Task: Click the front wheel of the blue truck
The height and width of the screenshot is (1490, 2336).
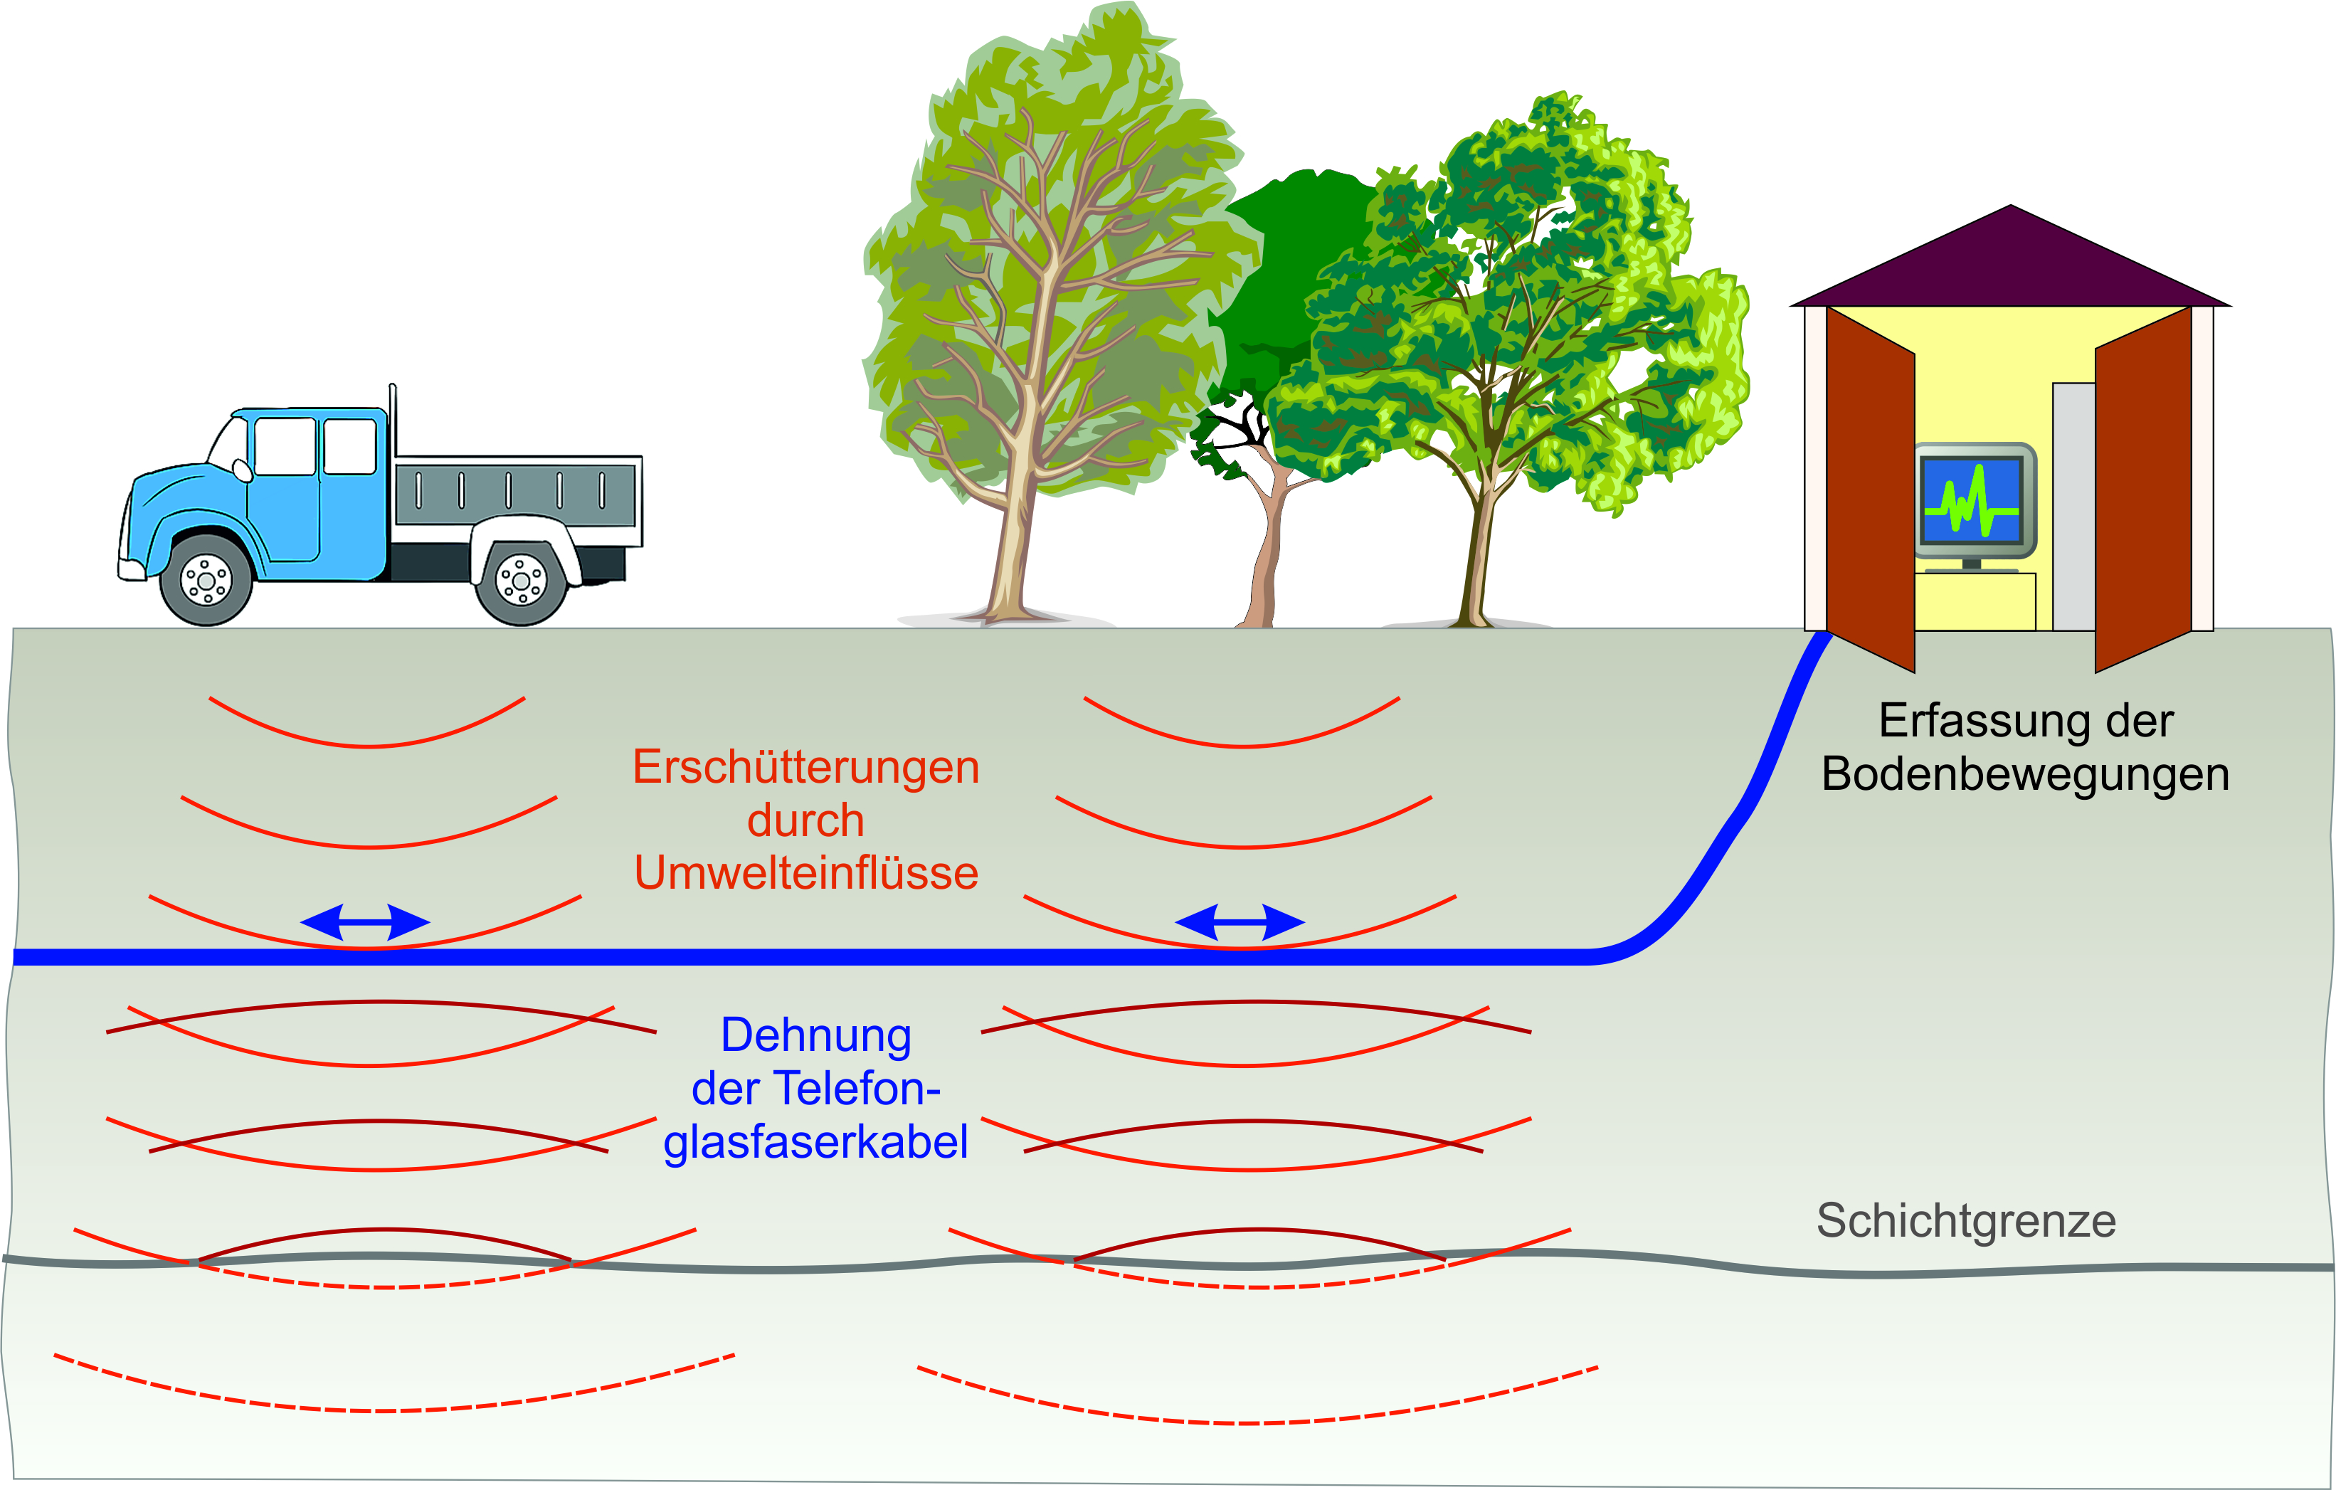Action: [x=206, y=580]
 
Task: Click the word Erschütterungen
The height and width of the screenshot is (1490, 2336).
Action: [x=805, y=767]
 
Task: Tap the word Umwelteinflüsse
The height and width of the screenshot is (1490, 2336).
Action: [x=805, y=873]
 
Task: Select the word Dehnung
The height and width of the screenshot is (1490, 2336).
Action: [x=816, y=1035]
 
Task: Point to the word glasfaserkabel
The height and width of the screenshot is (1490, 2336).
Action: [x=816, y=1142]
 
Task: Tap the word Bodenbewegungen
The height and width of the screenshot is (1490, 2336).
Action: [x=2024, y=774]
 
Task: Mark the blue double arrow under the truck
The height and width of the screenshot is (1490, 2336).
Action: [x=365, y=921]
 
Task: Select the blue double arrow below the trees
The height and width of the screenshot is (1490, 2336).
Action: [x=1239, y=921]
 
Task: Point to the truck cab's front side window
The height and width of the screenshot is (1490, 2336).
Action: [x=284, y=446]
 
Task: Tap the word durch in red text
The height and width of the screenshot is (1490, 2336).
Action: [x=805, y=820]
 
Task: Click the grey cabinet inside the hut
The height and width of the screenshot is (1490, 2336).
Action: [x=2073, y=504]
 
